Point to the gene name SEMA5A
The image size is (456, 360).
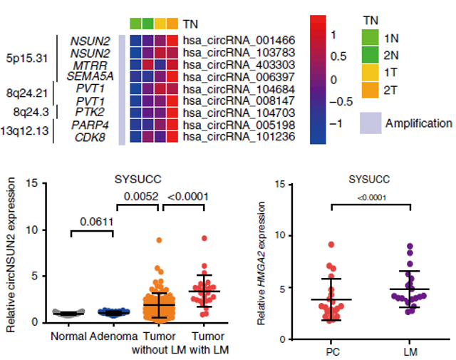coord(89,77)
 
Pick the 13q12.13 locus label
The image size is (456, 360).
coord(25,132)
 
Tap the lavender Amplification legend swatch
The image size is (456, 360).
coord(370,123)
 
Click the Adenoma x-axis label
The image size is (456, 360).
coord(113,336)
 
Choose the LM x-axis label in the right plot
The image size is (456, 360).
coord(410,353)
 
